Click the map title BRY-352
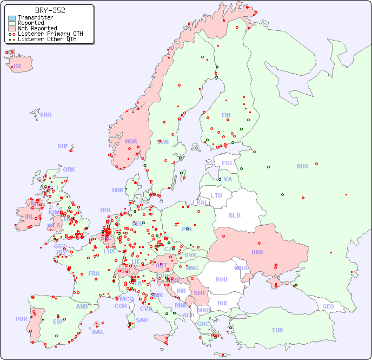[50, 10]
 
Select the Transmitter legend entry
[35, 18]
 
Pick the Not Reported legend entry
[37, 28]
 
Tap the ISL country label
[18, 67]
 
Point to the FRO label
[46, 115]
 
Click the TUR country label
[277, 330]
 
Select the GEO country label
[328, 306]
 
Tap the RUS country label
[302, 166]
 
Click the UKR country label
[257, 252]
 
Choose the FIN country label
[226, 115]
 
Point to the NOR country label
[131, 141]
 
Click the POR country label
[21, 319]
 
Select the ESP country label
[58, 321]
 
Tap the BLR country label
[234, 215]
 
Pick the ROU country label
[221, 279]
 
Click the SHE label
[63, 146]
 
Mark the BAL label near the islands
[97, 332]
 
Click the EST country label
[227, 163]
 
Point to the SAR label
[142, 320]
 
